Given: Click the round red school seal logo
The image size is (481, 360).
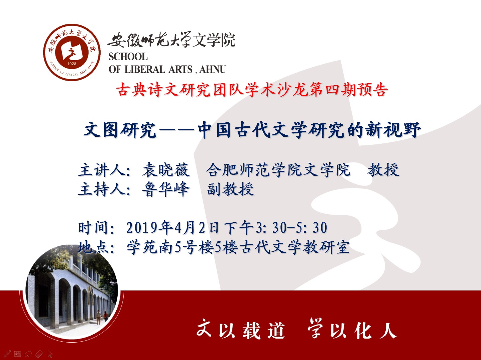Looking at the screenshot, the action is [x=72, y=52].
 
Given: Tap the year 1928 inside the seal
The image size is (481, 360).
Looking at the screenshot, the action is [x=72, y=64].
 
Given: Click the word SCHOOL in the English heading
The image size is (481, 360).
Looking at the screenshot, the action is [x=128, y=57].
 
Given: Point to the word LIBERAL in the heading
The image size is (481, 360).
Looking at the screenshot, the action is [x=145, y=70].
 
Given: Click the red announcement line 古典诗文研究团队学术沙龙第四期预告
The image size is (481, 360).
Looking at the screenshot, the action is [x=252, y=90].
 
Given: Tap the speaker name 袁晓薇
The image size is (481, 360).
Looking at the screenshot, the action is [x=166, y=169].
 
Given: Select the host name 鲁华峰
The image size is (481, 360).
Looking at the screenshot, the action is [x=166, y=189].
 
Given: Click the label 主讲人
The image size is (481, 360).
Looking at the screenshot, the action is [x=102, y=169].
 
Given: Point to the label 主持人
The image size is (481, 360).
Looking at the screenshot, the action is [x=102, y=189].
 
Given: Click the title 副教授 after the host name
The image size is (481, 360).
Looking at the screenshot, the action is [x=231, y=189].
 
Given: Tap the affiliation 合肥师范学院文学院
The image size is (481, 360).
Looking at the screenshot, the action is [x=278, y=169].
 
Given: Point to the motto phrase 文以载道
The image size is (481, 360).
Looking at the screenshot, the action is [x=241, y=330].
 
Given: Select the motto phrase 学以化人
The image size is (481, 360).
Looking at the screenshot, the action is [x=352, y=329].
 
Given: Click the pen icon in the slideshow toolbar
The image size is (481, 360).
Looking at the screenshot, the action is [x=7, y=353].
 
